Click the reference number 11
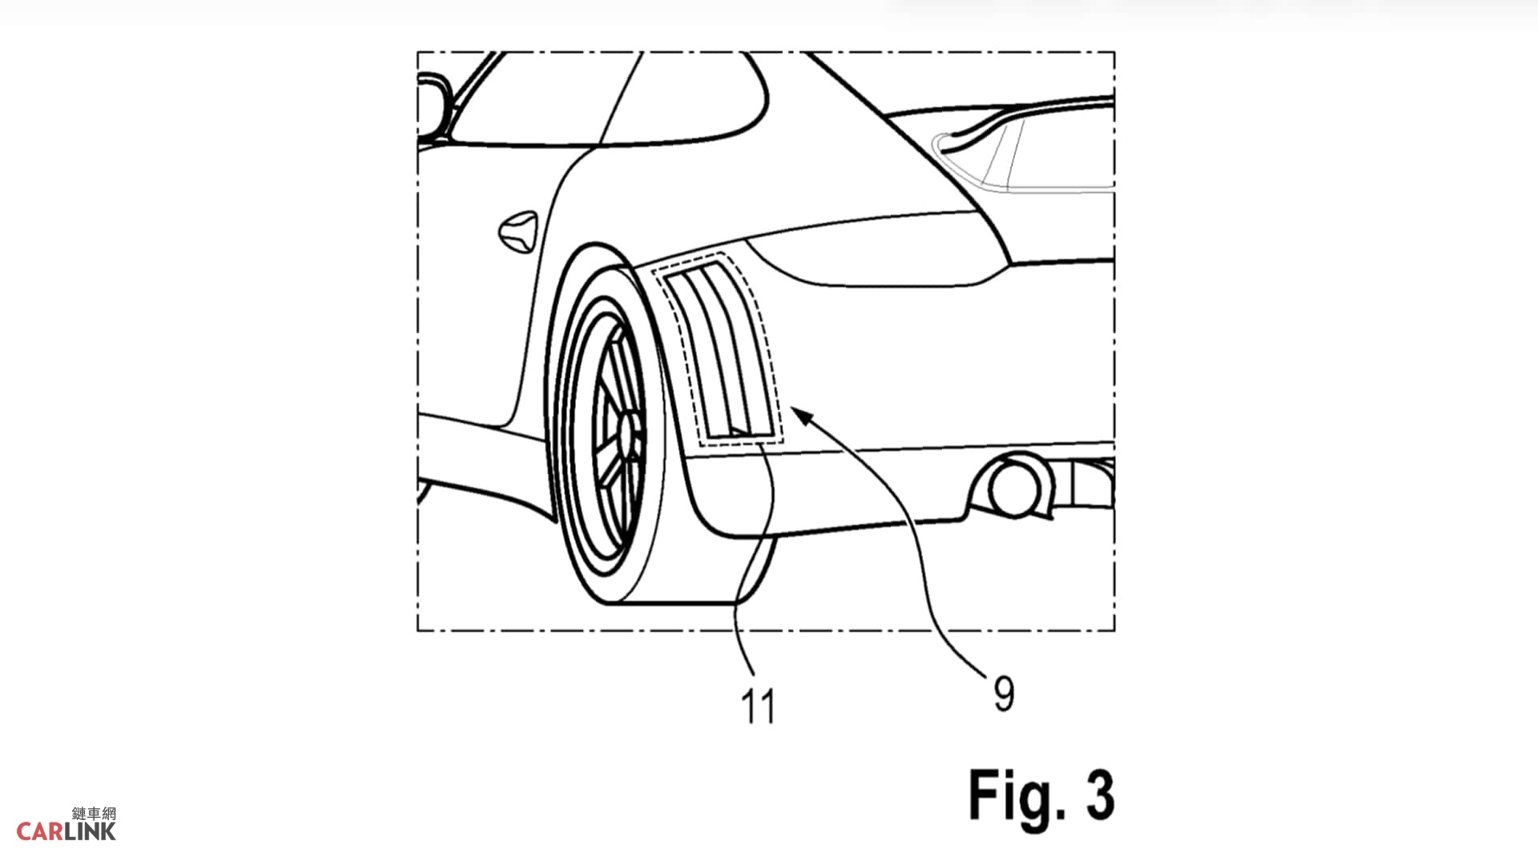click(x=758, y=707)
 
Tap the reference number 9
click(x=1004, y=694)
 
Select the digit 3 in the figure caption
click(x=1100, y=795)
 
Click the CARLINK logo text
click(x=66, y=831)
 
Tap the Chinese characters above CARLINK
click(x=94, y=814)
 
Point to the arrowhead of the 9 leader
click(x=801, y=414)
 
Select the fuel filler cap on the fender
click(x=517, y=230)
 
